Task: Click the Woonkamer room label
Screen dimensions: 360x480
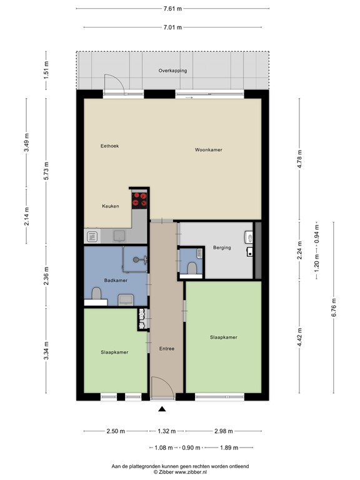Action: pos(209,150)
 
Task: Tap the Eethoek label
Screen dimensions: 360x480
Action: pos(109,146)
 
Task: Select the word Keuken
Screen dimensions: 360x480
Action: pos(111,206)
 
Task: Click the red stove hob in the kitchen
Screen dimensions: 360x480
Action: pos(139,199)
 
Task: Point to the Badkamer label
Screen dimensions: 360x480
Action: pos(116,280)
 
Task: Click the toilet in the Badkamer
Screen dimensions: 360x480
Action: pos(96,294)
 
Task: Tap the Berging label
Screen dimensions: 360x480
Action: pos(222,247)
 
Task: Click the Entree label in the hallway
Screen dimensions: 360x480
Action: pos(167,348)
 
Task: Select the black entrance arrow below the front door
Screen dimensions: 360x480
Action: pos(162,409)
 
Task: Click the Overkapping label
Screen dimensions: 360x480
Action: pos(172,71)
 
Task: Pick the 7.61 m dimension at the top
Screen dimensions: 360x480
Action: pos(172,9)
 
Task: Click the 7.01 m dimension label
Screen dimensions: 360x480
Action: pos(172,27)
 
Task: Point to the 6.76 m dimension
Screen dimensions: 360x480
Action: pos(334,307)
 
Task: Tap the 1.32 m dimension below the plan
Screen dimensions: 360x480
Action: pos(167,431)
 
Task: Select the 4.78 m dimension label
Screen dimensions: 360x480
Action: pos(300,159)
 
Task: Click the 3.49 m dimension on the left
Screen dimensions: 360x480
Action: pos(27,142)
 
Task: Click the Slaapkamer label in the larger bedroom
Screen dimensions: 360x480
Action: pos(224,337)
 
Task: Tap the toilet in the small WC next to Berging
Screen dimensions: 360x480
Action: pos(192,268)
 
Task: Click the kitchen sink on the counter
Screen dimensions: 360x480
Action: pos(119,236)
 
